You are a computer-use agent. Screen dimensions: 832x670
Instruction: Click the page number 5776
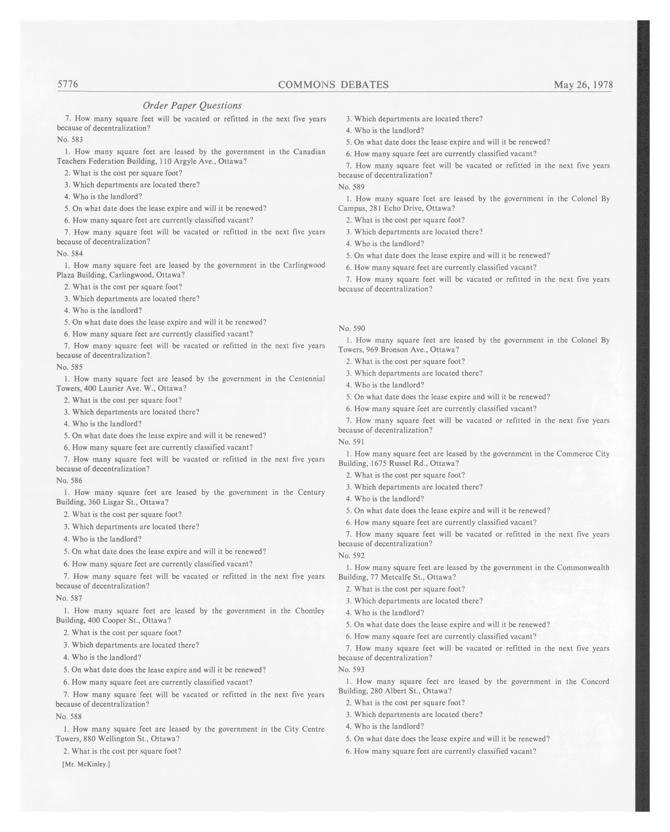[68, 84]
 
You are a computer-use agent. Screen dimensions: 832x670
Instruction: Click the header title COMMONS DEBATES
[333, 85]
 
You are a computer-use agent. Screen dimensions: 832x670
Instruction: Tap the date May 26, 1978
[583, 85]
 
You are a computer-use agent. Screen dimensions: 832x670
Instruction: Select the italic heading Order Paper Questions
[192, 105]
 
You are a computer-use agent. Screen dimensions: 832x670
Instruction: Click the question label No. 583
[70, 140]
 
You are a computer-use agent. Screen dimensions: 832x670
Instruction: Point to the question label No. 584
[70, 253]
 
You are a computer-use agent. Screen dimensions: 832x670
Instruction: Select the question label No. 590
[351, 328]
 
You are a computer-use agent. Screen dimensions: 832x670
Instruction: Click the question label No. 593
[351, 669]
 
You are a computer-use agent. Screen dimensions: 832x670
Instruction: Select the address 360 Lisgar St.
[114, 502]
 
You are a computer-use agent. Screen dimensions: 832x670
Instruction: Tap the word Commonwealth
[583, 567]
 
